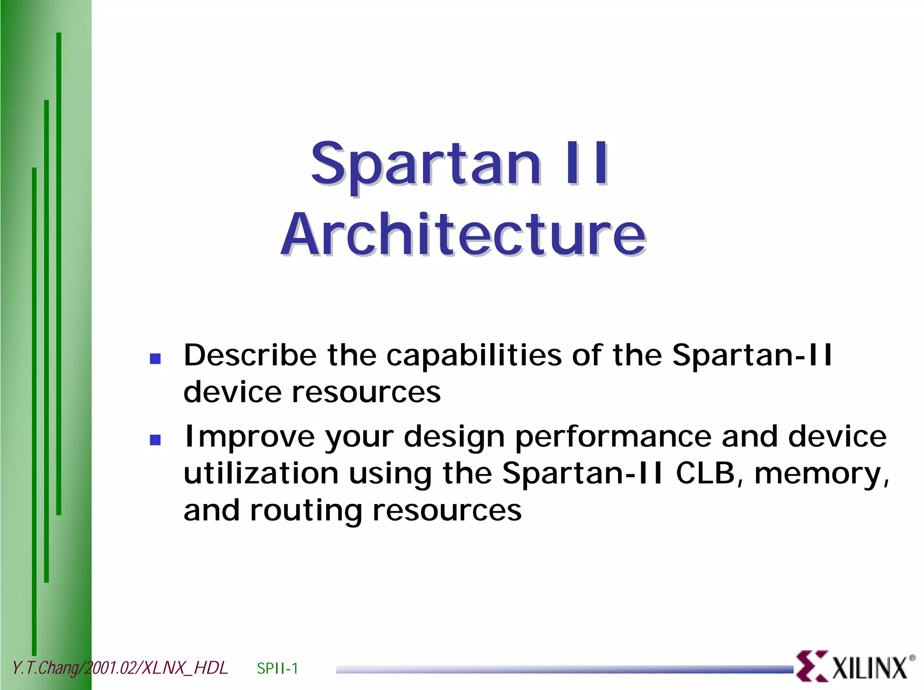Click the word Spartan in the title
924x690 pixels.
click(x=425, y=165)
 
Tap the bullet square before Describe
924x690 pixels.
click(x=155, y=359)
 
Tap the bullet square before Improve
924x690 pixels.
click(x=155, y=440)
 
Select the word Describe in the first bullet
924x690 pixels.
click(x=250, y=355)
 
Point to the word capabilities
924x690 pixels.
click(x=474, y=355)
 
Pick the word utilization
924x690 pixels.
click(x=261, y=474)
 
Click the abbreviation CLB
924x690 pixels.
click(x=705, y=474)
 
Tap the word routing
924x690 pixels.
click(x=305, y=511)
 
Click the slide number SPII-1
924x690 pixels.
click(x=277, y=668)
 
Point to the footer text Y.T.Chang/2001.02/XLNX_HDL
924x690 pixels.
click(x=120, y=668)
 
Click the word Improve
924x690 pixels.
click(x=249, y=437)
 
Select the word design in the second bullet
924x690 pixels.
click(x=454, y=437)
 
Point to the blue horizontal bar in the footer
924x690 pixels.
click(x=564, y=670)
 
